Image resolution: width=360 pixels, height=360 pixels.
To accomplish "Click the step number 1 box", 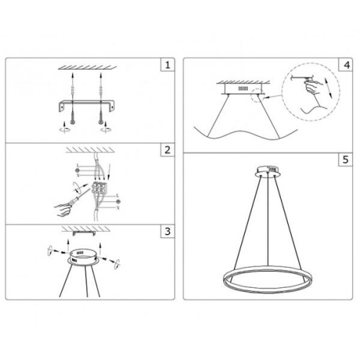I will pos(167,66).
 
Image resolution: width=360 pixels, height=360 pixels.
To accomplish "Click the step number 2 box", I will pos(167,150).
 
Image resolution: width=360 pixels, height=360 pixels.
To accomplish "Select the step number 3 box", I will pos(167,231).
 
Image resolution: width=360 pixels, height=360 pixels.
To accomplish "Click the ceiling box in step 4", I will pos(240,89).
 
